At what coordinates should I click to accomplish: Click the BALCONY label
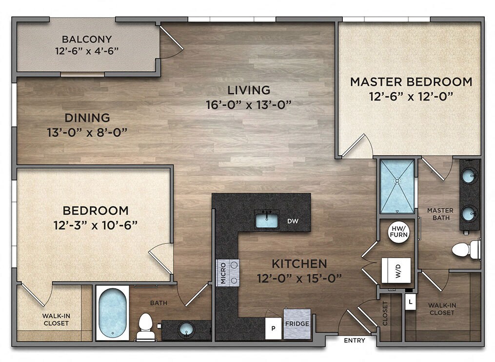tap(87, 39)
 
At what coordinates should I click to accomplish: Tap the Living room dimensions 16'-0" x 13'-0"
tap(248, 104)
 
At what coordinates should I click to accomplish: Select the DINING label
tap(87, 118)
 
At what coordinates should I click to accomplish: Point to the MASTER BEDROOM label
tap(411, 82)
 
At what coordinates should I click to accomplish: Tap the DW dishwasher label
tap(293, 221)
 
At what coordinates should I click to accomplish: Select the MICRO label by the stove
tap(223, 273)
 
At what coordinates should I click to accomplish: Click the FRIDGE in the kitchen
tap(297, 324)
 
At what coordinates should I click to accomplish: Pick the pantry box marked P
tap(273, 328)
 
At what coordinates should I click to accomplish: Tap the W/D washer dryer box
tap(396, 271)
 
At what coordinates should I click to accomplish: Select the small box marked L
tap(411, 302)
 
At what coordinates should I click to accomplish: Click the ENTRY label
tap(355, 340)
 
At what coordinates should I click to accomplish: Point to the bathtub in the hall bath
tap(112, 313)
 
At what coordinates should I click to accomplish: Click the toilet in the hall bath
tap(145, 326)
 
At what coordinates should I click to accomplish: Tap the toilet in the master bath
tap(466, 249)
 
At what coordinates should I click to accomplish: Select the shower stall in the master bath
tap(397, 186)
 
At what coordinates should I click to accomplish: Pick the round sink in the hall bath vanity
tap(186, 330)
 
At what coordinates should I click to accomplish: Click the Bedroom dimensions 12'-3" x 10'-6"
tap(95, 225)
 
